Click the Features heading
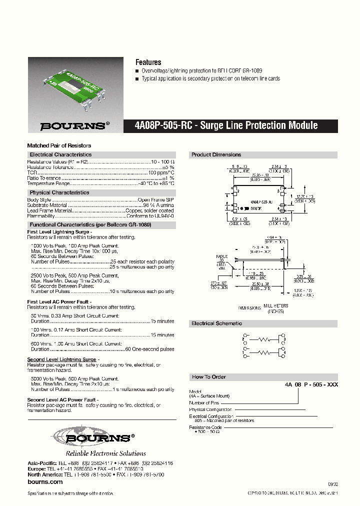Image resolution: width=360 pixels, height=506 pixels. pyautogui.click(x=148, y=62)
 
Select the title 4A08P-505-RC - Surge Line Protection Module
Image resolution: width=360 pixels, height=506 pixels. pyautogui.click(x=226, y=125)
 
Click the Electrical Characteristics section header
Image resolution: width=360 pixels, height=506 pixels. pyautogui.click(x=60, y=155)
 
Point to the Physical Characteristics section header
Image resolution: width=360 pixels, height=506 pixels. pyautogui.click(x=59, y=192)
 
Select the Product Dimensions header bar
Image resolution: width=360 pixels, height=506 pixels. pyautogui.click(x=216, y=155)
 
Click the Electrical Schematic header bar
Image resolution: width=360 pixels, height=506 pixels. pyautogui.click(x=216, y=323)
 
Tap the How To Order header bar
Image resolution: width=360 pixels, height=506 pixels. pyautogui.click(x=208, y=377)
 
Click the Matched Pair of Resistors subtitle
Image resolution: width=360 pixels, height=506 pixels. pyautogui.click(x=59, y=145)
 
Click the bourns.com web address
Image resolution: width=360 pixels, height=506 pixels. pyautogui.click(x=45, y=481)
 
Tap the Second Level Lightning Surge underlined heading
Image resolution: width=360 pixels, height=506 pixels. pyautogui.click(x=61, y=359)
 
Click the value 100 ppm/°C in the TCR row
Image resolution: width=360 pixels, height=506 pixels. pyautogui.click(x=161, y=172)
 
